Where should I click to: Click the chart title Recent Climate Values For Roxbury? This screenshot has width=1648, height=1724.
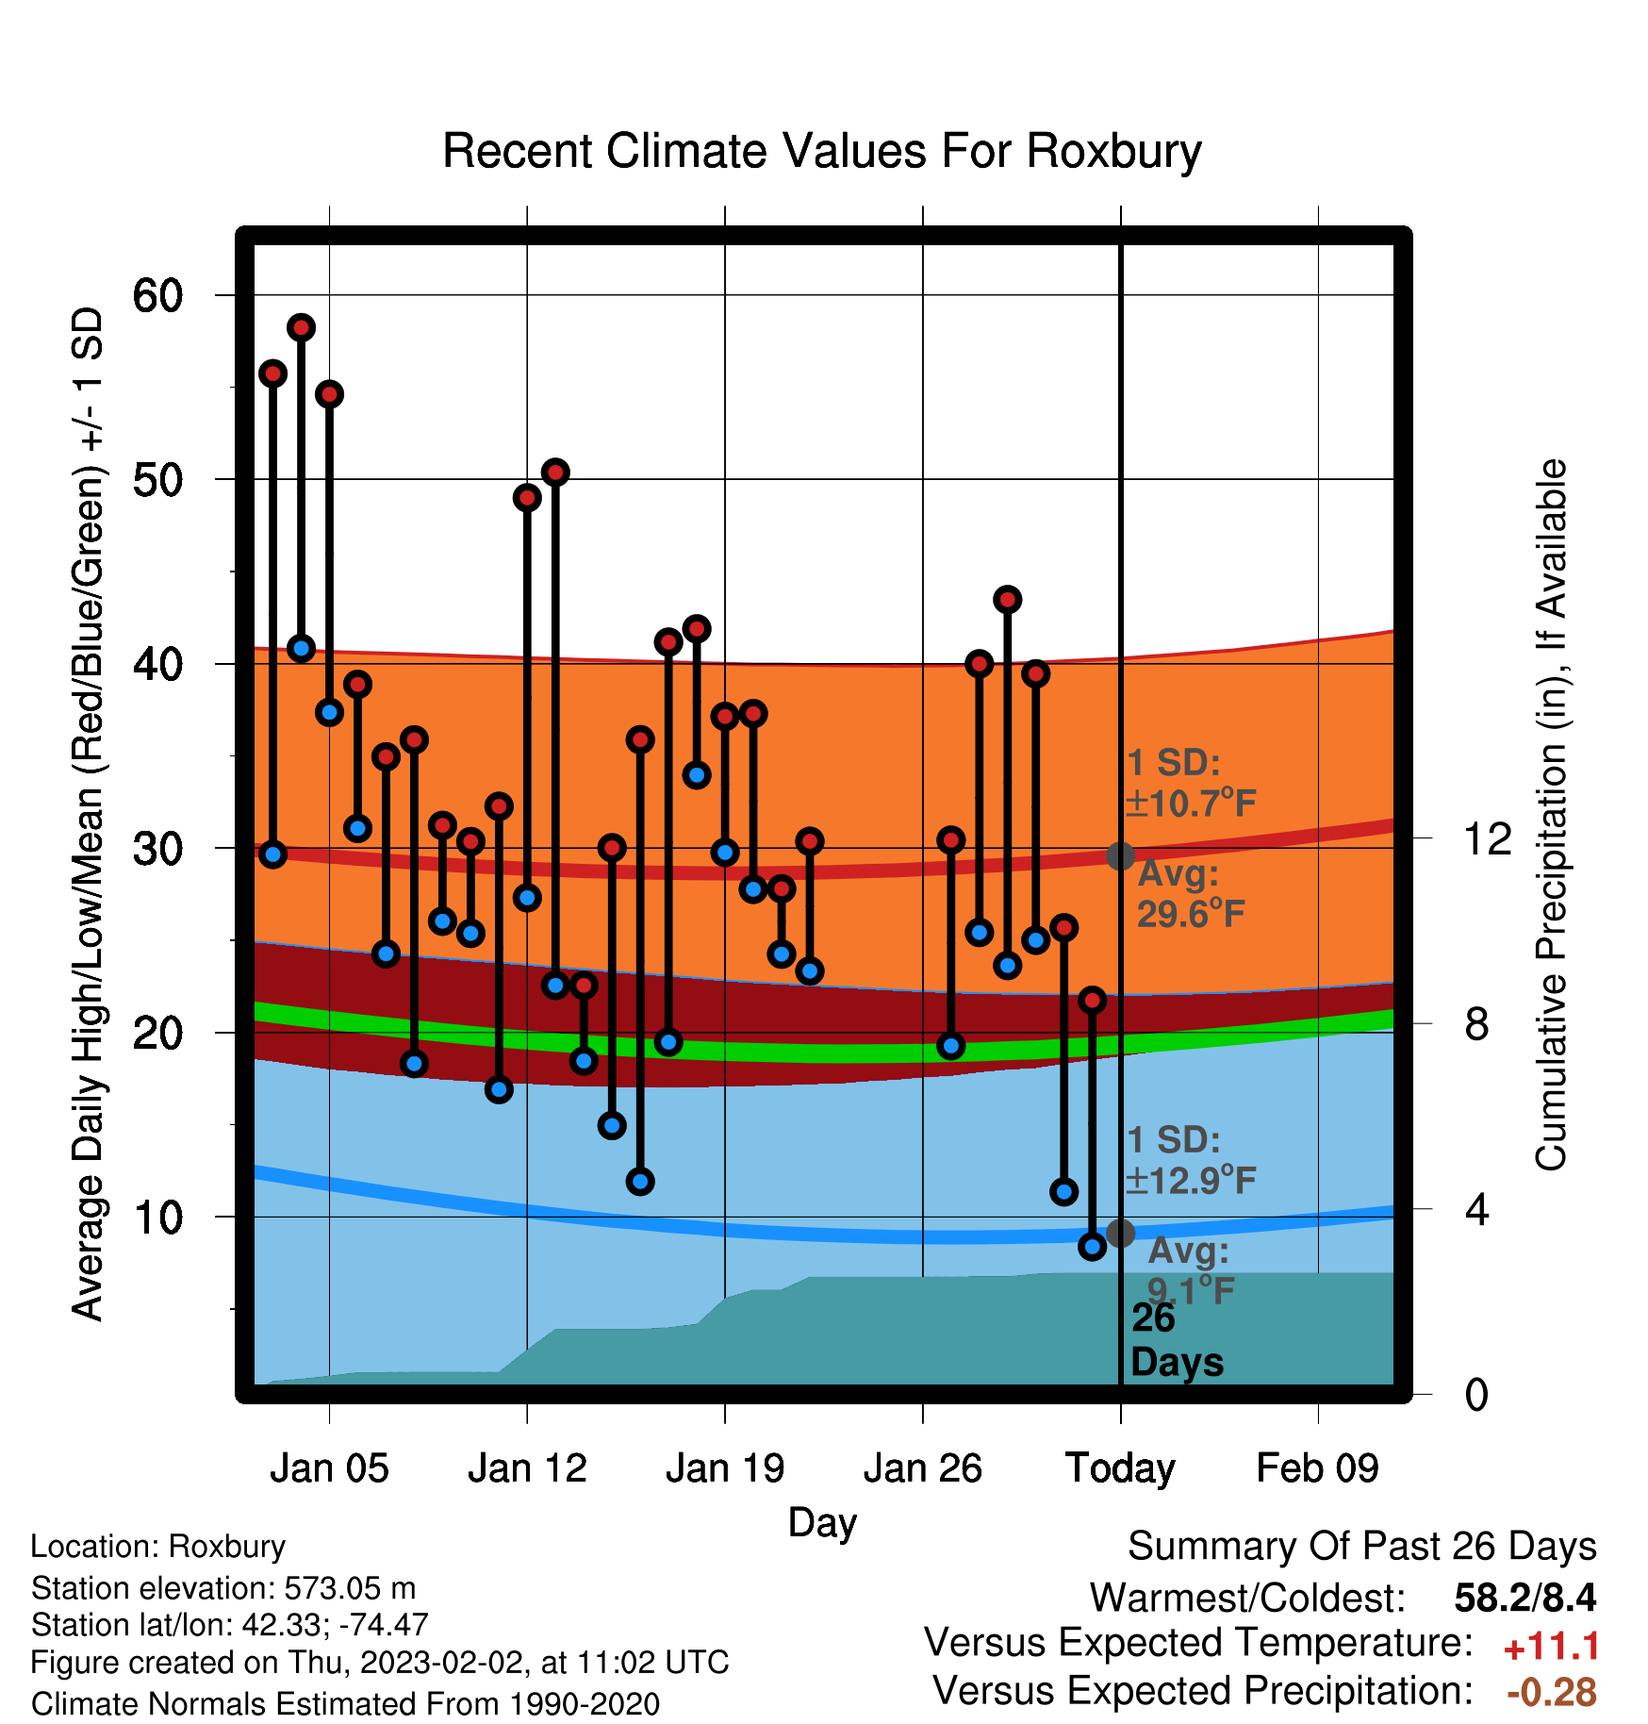(822, 151)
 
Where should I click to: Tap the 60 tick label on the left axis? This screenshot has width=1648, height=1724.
(157, 295)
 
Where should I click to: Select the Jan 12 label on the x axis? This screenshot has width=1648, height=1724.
(527, 1468)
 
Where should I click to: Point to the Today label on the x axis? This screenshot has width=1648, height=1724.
(1120, 1468)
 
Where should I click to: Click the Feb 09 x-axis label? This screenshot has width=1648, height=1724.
(1318, 1468)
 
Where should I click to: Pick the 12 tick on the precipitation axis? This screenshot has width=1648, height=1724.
(1488, 838)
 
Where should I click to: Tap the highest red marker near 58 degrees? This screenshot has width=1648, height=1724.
(301, 327)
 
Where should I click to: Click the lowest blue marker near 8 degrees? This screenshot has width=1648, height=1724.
(1092, 1247)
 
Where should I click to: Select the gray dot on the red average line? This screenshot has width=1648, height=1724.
(1120, 855)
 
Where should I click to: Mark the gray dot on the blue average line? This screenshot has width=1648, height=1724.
(1120, 1233)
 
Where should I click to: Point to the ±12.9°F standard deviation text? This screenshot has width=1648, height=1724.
(1192, 1180)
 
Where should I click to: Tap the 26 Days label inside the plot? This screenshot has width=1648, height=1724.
(1176, 1340)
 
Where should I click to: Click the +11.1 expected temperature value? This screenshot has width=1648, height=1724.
(1551, 1647)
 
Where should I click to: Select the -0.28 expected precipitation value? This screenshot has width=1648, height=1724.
(1552, 1692)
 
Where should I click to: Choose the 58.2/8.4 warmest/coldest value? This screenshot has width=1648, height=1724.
(1525, 1598)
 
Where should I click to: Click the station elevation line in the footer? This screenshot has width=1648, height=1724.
(223, 1588)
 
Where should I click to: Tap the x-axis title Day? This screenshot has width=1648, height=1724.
(822, 1522)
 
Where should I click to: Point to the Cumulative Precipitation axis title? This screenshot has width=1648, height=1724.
(1550, 815)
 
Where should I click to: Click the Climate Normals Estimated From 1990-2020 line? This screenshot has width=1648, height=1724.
(345, 1704)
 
